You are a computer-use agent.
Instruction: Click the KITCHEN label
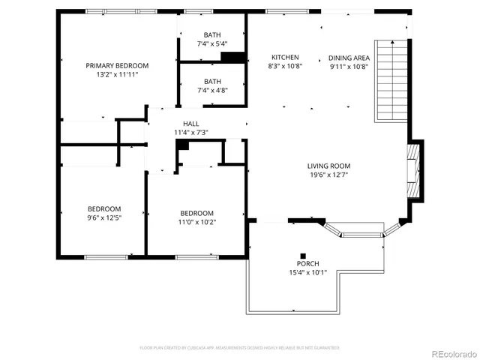point(285,57)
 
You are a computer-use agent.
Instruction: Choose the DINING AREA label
point(349,57)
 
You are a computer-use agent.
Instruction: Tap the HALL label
point(190,124)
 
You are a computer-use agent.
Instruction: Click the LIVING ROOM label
point(328,166)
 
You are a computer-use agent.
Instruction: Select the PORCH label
point(307,264)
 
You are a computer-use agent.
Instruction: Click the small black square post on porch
point(304,254)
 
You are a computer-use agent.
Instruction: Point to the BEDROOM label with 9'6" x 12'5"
point(103,208)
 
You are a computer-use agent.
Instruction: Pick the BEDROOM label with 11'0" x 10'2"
point(196,213)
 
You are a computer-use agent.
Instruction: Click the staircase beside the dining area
point(390,81)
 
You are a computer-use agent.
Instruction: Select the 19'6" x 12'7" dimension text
point(328,175)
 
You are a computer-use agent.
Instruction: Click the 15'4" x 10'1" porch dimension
point(307,273)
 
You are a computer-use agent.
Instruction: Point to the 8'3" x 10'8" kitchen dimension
point(285,66)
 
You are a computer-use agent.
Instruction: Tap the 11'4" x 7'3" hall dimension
point(190,133)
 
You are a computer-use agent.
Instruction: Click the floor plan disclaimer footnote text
point(239,348)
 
